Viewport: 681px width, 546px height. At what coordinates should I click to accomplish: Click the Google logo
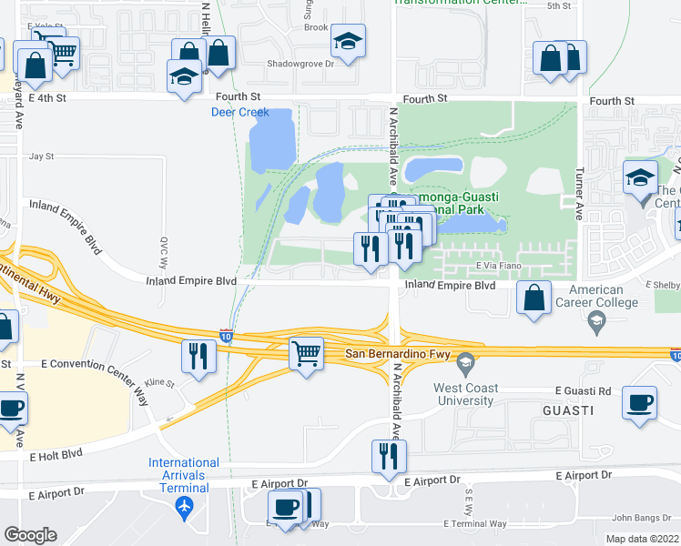(x=30, y=535)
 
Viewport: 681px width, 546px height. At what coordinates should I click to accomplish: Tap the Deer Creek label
(x=240, y=112)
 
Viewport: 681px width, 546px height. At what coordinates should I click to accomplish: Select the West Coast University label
(x=464, y=394)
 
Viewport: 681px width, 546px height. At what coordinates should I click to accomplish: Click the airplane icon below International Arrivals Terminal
(x=186, y=505)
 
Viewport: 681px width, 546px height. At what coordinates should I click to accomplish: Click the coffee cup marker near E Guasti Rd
(x=640, y=402)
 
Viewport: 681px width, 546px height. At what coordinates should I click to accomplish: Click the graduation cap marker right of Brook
(x=347, y=41)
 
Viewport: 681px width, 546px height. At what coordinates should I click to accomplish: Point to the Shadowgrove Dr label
(x=300, y=64)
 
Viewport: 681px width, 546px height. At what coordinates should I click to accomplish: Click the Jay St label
(x=42, y=157)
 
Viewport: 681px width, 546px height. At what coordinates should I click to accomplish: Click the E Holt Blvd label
(x=56, y=457)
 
